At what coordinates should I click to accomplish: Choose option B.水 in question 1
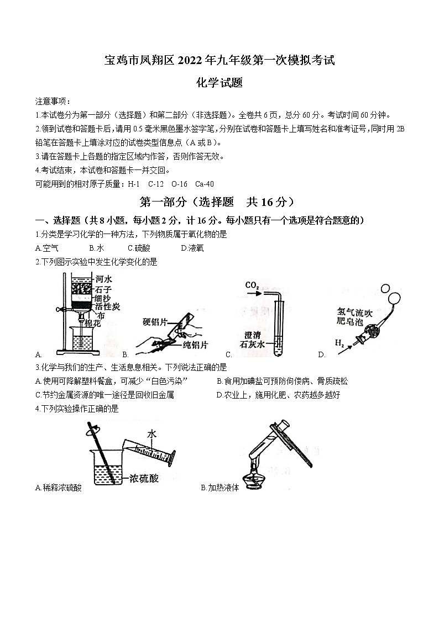pos(96,248)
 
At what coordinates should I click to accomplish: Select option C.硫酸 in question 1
pos(139,248)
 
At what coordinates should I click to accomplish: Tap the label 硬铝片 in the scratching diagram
pos(155,322)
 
